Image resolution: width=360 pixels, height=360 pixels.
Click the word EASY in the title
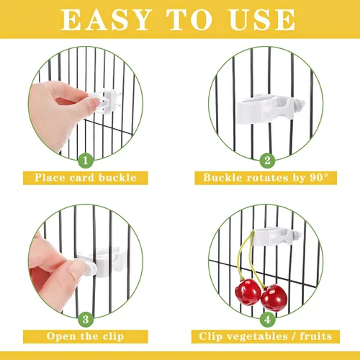click(x=106, y=19)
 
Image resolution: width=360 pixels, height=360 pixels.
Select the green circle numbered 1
click(x=86, y=161)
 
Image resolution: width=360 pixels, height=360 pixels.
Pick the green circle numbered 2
click(x=267, y=161)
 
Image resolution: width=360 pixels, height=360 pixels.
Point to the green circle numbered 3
click(x=86, y=318)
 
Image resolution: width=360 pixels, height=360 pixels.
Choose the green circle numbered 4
click(x=268, y=317)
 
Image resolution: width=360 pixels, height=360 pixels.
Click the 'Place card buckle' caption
click(x=86, y=178)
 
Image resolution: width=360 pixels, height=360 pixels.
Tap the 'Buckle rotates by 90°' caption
click(x=268, y=178)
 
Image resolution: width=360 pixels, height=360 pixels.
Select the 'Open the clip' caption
click(x=86, y=336)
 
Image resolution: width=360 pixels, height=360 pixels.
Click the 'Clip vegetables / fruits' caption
click(x=268, y=336)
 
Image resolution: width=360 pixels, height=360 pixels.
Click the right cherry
click(x=274, y=295)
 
